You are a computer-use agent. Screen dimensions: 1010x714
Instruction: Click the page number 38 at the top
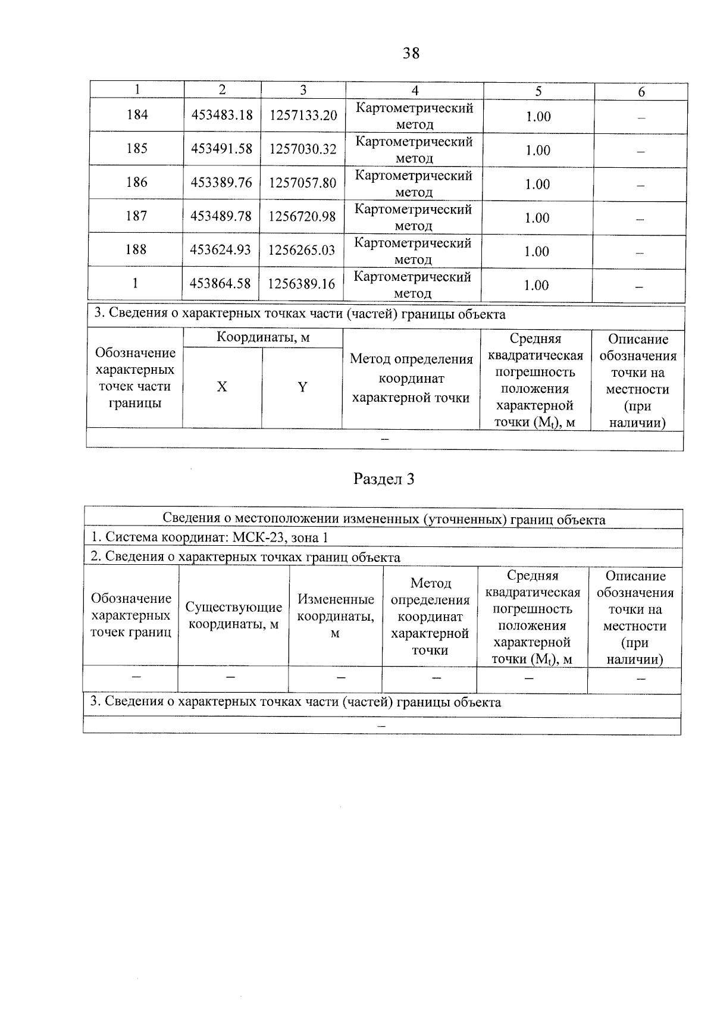(411, 54)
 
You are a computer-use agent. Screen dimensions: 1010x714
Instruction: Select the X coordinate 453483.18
(222, 115)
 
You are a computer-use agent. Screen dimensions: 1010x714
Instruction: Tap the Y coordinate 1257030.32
(303, 149)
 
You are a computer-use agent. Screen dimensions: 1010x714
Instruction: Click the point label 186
(137, 182)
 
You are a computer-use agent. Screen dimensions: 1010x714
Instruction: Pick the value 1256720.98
(302, 217)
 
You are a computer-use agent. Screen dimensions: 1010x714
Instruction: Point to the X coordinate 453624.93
(221, 250)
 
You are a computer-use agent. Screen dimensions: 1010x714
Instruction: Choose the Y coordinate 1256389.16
(302, 284)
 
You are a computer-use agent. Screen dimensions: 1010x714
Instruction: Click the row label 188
(136, 249)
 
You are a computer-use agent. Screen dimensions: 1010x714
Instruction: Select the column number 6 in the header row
(641, 92)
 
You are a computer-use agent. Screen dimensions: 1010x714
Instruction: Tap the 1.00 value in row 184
(538, 117)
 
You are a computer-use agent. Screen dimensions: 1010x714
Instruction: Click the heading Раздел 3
(384, 479)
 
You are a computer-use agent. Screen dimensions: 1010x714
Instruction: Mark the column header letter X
(221, 387)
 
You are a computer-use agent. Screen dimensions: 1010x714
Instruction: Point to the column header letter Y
(302, 387)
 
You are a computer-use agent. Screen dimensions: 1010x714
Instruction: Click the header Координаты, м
(263, 338)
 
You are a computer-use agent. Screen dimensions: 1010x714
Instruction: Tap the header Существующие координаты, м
(233, 615)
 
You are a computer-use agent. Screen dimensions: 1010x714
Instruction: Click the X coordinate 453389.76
(221, 183)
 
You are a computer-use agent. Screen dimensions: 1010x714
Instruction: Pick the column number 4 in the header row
(415, 90)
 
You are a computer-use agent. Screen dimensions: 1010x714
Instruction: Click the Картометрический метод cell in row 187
(413, 217)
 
